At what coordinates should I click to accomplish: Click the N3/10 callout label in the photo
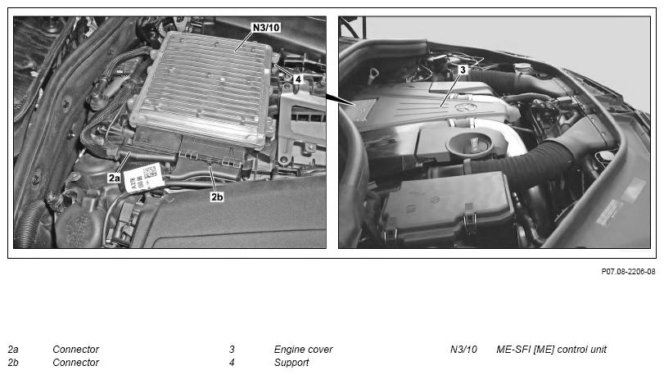266,28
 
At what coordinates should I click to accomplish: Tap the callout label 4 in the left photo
298,79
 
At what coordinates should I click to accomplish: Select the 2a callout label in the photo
114,178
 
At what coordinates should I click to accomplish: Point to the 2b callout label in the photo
217,197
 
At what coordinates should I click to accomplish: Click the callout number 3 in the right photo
463,70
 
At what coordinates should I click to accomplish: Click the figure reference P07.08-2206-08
628,271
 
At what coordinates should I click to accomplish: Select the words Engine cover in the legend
303,350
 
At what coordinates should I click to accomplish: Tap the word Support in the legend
291,363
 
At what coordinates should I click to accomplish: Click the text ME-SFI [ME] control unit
551,350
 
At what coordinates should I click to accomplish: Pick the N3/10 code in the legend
463,350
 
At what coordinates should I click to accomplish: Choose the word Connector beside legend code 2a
76,350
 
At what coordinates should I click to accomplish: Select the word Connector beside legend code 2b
76,363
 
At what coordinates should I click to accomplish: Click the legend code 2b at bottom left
13,363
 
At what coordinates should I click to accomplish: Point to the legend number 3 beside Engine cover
232,350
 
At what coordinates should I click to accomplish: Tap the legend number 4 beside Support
232,363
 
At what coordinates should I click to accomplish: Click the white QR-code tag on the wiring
143,178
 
